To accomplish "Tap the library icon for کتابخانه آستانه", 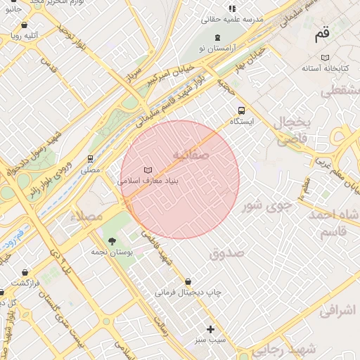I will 324,58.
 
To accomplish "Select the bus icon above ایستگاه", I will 242,110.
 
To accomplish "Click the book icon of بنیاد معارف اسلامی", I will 148,170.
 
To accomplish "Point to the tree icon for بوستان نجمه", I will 112,241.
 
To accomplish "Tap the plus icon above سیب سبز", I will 210,328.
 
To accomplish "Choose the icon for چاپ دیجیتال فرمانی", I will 188,281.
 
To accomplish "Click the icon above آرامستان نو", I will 217,37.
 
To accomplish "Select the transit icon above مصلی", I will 90,160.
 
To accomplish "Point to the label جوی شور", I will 266,206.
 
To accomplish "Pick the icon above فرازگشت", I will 25,272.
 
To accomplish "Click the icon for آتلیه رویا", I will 25,25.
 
